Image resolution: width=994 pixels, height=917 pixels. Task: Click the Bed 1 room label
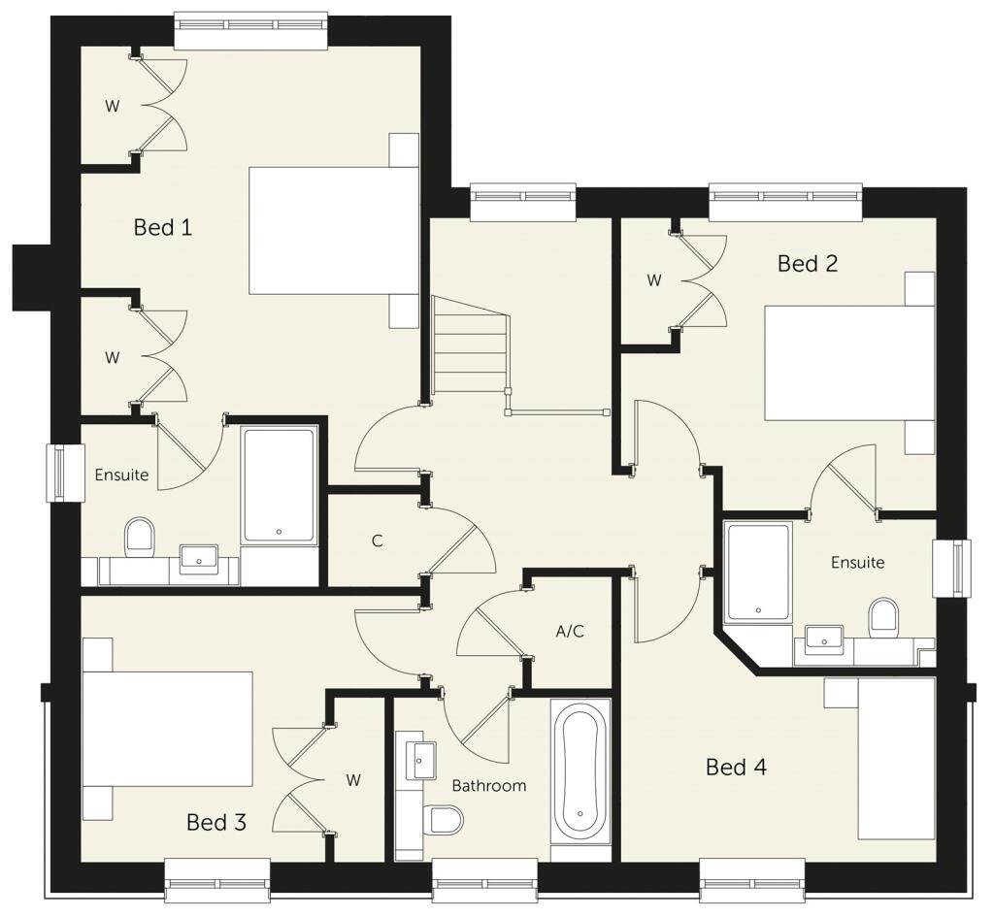(x=162, y=227)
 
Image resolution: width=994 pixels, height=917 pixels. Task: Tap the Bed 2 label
(x=807, y=263)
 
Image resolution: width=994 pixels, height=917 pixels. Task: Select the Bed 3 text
(x=215, y=822)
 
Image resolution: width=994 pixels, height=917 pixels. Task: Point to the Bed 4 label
(x=736, y=767)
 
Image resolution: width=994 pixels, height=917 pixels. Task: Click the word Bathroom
(x=489, y=786)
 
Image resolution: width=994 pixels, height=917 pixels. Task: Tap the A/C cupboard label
(x=570, y=631)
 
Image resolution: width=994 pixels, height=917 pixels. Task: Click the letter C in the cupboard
(x=378, y=541)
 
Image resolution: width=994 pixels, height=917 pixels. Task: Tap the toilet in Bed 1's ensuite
(x=140, y=539)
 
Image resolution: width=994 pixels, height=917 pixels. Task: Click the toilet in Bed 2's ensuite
(x=884, y=618)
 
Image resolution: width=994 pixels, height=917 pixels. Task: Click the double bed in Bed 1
(x=334, y=231)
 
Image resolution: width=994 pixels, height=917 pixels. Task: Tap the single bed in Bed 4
(x=896, y=759)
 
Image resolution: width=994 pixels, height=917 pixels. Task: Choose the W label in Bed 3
(x=353, y=780)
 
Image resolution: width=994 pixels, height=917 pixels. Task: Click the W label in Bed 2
(x=654, y=279)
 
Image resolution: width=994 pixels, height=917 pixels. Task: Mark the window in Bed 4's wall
(x=752, y=880)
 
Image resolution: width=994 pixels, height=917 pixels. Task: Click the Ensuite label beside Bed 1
(x=121, y=475)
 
